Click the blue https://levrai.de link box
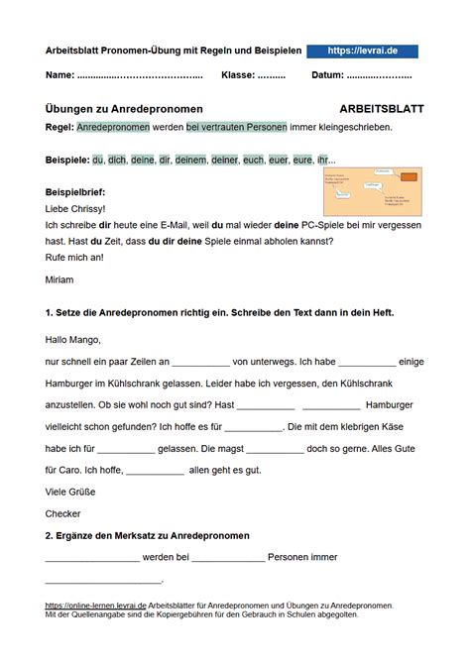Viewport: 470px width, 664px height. click(362, 51)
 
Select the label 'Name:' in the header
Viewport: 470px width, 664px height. click(60, 75)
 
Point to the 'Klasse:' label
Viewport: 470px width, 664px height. click(238, 75)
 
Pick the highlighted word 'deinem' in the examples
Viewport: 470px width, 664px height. click(190, 160)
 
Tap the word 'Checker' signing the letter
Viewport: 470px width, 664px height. click(63, 513)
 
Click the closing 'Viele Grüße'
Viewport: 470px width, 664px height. click(72, 491)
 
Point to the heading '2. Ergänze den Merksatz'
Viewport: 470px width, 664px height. click(147, 535)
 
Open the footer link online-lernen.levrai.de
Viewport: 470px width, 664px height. click(95, 605)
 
